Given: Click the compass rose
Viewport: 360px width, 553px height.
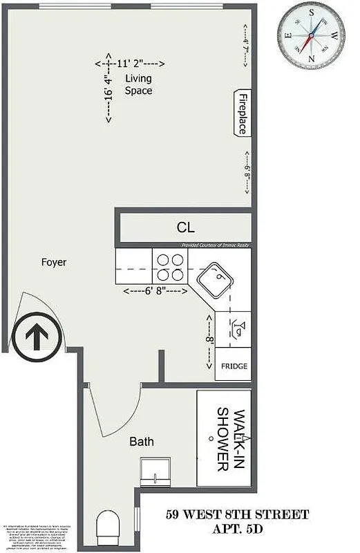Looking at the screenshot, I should [311, 33].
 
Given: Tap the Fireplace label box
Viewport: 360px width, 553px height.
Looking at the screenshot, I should [243, 113].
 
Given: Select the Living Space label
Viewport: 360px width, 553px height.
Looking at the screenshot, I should [138, 84].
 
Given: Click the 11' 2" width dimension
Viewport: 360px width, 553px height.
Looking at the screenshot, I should [130, 64].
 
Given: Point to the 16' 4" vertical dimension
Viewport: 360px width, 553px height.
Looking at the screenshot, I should [108, 87].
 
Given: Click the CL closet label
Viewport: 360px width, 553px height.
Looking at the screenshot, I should [185, 227].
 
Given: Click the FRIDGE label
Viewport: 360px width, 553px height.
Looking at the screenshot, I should [234, 366].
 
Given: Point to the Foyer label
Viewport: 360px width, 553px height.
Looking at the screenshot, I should [54, 262].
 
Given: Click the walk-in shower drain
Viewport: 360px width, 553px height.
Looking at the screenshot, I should [209, 438].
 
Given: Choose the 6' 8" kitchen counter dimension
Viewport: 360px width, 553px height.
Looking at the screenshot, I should [155, 292].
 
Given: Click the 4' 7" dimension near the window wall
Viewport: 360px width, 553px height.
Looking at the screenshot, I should [246, 44].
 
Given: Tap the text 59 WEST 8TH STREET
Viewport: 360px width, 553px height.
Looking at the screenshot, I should [237, 514].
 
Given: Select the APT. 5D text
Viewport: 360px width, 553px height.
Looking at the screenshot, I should [237, 531].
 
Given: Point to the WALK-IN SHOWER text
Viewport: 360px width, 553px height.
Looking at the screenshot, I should [231, 439].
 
